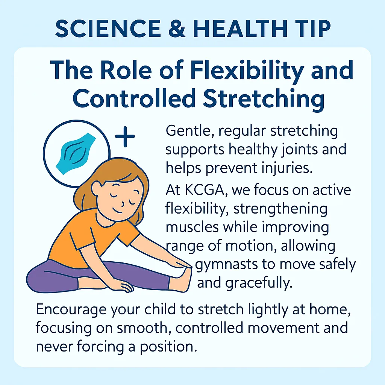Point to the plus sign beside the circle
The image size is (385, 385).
pyautogui.click(x=125, y=137)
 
